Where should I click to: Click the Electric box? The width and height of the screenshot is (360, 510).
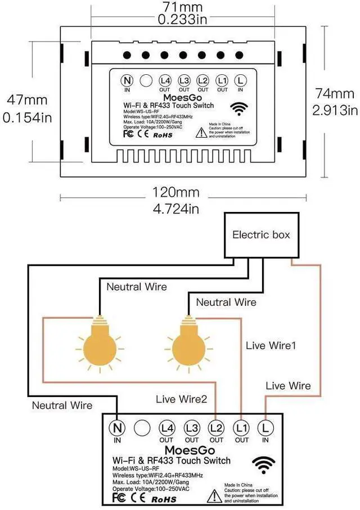(261, 234)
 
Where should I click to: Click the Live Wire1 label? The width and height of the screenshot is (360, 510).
(271, 345)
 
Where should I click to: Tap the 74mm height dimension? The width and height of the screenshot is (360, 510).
(335, 93)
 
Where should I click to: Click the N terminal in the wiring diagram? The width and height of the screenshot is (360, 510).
(118, 428)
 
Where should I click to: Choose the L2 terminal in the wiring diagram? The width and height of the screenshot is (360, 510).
(217, 428)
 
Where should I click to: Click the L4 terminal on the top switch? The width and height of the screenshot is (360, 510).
(165, 80)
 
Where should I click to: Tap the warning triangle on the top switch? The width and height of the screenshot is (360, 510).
(201, 132)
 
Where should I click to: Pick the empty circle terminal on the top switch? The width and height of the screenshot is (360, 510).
(146, 80)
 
